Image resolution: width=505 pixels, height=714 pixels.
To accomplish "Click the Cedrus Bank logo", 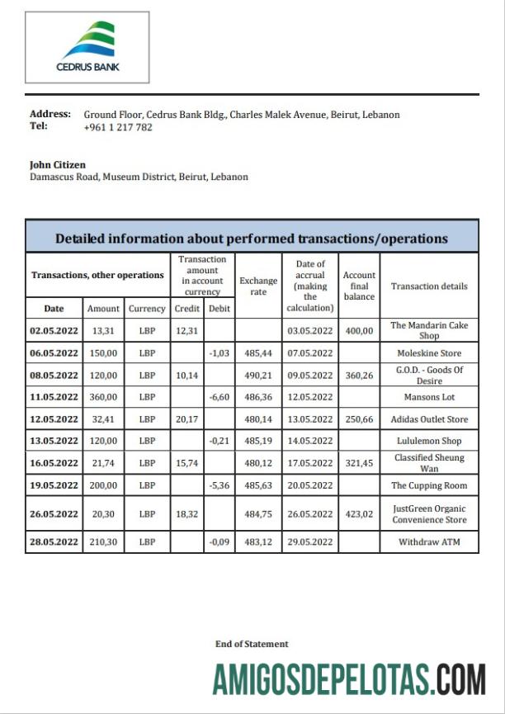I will click(87, 48).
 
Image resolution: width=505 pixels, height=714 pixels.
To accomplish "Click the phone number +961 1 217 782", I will click(118, 127).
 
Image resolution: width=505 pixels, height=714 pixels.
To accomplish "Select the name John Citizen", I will click(58, 164).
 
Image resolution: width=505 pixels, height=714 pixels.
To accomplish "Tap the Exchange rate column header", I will click(258, 286).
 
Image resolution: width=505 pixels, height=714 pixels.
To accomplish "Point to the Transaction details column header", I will click(429, 286).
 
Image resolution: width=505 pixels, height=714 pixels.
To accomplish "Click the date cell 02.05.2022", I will click(54, 330).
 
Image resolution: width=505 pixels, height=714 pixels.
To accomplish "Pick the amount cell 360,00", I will click(103, 397).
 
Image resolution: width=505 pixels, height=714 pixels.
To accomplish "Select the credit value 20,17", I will click(186, 419).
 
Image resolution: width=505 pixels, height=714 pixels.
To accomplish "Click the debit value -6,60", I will click(219, 397).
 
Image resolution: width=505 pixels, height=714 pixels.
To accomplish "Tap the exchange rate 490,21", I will click(258, 375).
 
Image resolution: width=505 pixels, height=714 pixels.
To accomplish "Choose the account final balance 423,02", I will click(359, 513).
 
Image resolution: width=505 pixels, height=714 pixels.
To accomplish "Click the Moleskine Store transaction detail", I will click(429, 352).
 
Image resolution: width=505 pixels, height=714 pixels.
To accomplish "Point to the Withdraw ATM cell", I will click(429, 542).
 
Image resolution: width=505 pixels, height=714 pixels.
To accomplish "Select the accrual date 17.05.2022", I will click(309, 463).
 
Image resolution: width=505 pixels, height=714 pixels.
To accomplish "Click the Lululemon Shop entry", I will click(429, 441).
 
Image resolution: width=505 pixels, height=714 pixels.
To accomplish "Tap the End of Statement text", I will click(252, 644).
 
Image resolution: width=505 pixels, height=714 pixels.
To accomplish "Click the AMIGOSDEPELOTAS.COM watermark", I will click(349, 679).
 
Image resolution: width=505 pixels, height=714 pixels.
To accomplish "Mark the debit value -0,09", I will click(219, 542).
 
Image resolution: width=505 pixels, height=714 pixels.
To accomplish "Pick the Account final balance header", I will click(359, 286).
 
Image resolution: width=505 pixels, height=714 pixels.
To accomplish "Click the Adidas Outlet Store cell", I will click(429, 419).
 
